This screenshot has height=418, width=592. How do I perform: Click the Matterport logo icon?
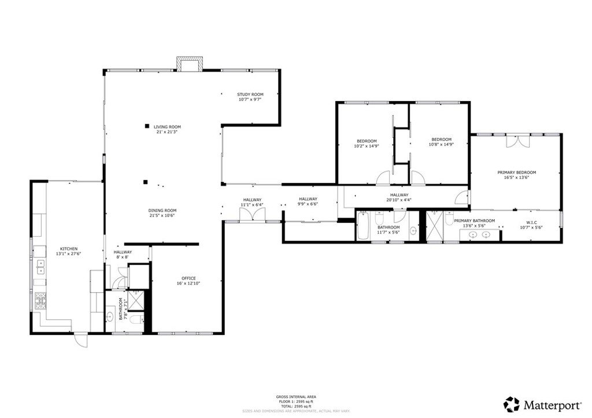coord(511,404)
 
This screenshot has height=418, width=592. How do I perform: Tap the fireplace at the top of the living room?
coord(190,64)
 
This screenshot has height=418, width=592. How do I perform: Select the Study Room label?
coord(250,94)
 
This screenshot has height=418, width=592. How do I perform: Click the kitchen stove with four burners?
coord(41,300)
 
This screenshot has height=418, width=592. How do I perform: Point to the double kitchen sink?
coord(41,266)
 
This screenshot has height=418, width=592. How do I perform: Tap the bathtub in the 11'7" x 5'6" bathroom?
coord(364,226)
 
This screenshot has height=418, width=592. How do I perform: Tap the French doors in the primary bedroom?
coord(516,141)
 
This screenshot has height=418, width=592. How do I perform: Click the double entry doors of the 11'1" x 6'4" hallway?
coord(252,215)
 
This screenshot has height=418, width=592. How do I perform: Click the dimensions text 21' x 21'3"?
coord(167,132)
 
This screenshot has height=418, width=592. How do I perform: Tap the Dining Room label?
coord(162,210)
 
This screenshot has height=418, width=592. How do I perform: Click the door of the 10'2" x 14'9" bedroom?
coord(383,178)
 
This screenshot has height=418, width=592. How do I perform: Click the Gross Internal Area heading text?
coord(295,397)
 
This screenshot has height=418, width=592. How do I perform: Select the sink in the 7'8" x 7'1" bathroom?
coord(110,316)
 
